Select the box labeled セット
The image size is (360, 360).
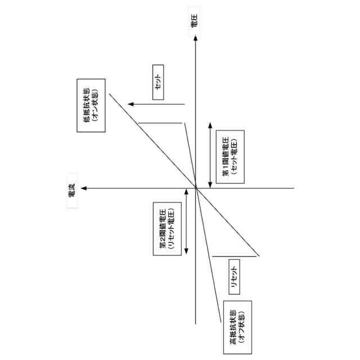point(158,87)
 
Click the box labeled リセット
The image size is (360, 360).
point(233,276)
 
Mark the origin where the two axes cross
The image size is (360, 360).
point(195,188)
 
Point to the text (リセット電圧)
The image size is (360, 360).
point(171,227)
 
